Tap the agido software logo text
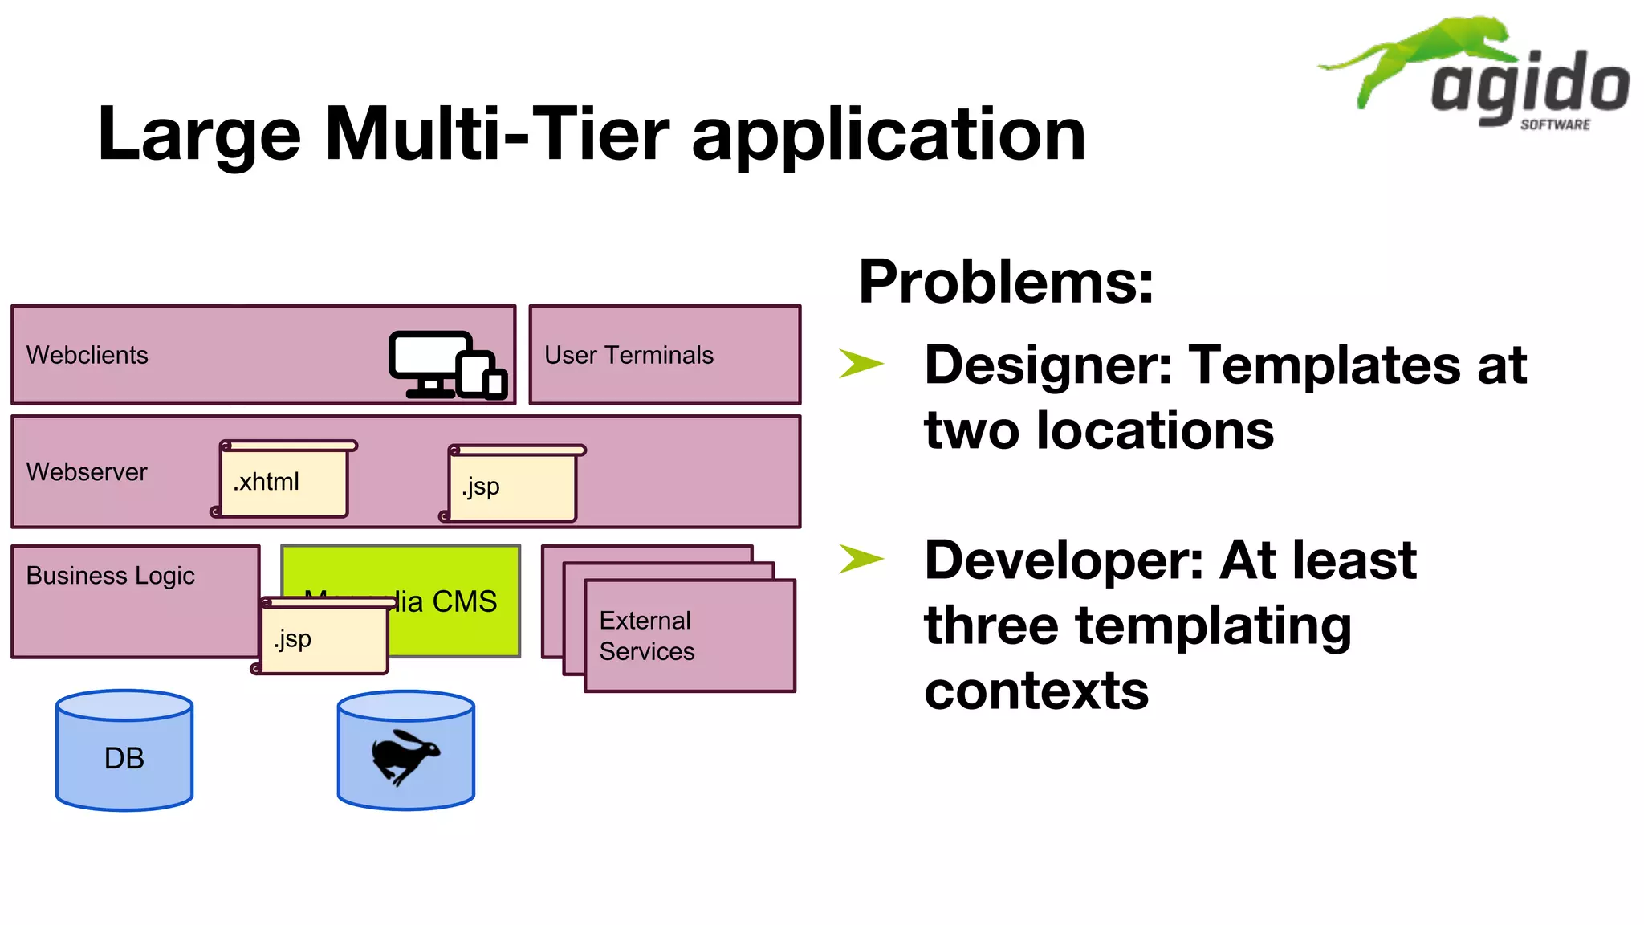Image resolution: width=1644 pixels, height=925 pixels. click(x=1530, y=88)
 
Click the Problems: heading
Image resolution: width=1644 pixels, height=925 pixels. click(x=1006, y=282)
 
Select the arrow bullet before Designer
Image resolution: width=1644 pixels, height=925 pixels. click(x=861, y=363)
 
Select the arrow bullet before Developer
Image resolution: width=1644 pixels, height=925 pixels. click(x=861, y=559)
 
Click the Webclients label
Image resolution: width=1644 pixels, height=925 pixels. click(x=87, y=355)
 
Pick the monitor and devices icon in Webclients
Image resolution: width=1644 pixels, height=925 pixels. click(x=447, y=365)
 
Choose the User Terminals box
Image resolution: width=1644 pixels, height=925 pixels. click(x=665, y=355)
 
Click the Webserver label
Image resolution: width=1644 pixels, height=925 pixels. click(x=87, y=472)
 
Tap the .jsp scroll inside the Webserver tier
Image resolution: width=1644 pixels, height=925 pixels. click(x=512, y=484)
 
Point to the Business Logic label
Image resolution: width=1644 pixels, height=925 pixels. click(x=110, y=576)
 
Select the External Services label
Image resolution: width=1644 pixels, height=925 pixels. click(x=646, y=636)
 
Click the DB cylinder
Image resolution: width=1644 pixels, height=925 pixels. click(x=124, y=751)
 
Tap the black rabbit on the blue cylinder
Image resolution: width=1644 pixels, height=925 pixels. click(x=405, y=756)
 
